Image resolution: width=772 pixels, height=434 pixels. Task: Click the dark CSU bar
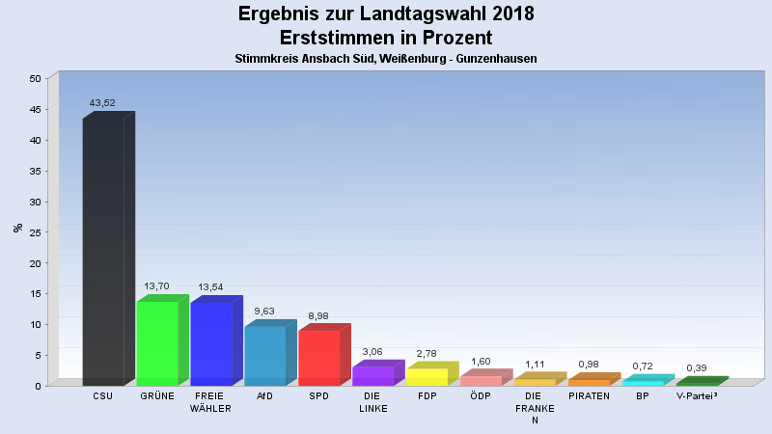[103, 251]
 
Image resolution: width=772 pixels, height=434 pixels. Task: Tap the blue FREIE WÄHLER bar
[211, 343]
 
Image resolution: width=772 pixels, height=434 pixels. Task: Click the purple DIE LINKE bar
[373, 375]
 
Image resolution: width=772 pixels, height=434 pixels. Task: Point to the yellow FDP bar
[427, 376]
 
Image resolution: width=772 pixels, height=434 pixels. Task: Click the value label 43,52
[102, 102]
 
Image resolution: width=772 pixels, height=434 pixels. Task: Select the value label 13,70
[156, 285]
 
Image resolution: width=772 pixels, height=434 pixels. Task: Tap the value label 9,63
[264, 311]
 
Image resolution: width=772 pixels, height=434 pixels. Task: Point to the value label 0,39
[697, 367]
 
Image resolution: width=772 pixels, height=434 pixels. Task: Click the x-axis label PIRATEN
[589, 396]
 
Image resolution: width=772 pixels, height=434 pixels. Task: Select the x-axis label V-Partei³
[697, 396]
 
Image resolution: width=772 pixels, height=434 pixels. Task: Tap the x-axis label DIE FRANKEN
[535, 408]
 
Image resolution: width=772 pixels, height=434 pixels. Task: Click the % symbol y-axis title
[16, 228]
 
